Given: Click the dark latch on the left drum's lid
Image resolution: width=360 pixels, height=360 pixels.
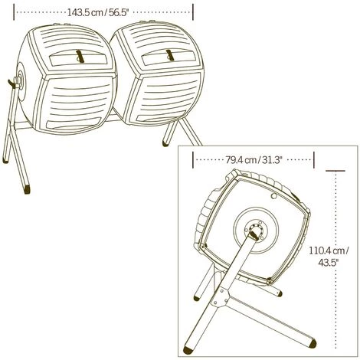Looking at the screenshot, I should click(x=79, y=56).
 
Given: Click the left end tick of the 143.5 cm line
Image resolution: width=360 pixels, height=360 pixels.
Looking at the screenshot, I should click(x=15, y=12).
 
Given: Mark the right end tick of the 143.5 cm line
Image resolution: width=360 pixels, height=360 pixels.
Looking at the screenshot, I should click(x=194, y=12).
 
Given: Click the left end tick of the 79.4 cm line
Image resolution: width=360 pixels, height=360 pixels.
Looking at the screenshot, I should click(x=193, y=160).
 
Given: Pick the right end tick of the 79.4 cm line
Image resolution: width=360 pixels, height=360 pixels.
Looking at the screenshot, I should click(x=315, y=160).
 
